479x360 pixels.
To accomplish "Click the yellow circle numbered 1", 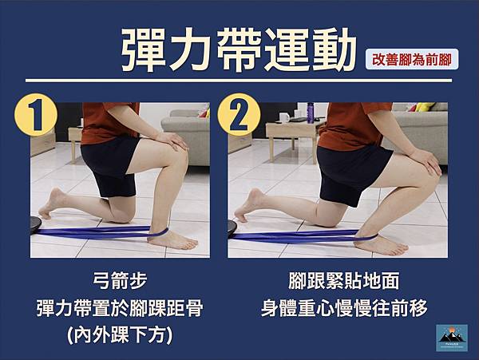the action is [x=35, y=114].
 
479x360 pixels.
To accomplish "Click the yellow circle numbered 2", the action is [x=239, y=114].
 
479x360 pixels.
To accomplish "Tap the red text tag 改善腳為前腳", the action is [x=412, y=59].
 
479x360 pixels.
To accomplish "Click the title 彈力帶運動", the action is [x=239, y=50].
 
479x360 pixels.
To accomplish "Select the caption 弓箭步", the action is [x=120, y=280].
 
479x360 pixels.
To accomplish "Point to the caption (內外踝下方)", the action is [x=120, y=335].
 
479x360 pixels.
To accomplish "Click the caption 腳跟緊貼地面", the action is [x=343, y=280].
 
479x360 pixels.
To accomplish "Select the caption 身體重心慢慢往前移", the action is [x=344, y=308].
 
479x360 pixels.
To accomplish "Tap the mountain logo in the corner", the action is [x=452, y=338].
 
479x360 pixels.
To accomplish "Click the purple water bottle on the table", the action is [x=310, y=113].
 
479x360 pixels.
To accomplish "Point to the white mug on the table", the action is [x=284, y=118].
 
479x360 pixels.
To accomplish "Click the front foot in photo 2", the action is [x=381, y=244].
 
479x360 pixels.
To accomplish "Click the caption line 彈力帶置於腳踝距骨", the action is [x=120, y=308].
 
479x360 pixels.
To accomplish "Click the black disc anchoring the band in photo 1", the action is [x=35, y=225].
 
